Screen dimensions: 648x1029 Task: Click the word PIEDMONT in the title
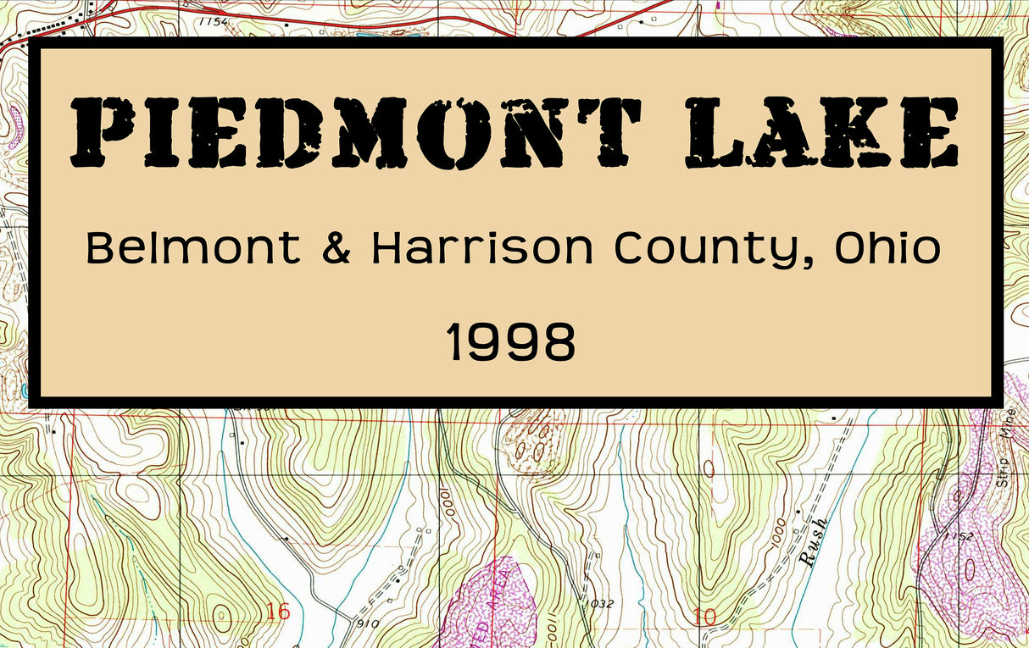click(356, 133)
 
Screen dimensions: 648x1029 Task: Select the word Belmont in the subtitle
click(193, 248)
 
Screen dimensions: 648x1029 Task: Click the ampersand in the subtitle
click(336, 248)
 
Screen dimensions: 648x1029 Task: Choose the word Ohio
click(887, 248)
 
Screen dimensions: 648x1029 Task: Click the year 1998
click(511, 344)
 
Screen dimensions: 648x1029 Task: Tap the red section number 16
click(277, 612)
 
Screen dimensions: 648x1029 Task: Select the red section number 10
click(705, 618)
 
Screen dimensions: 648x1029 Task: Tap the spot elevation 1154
click(214, 22)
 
